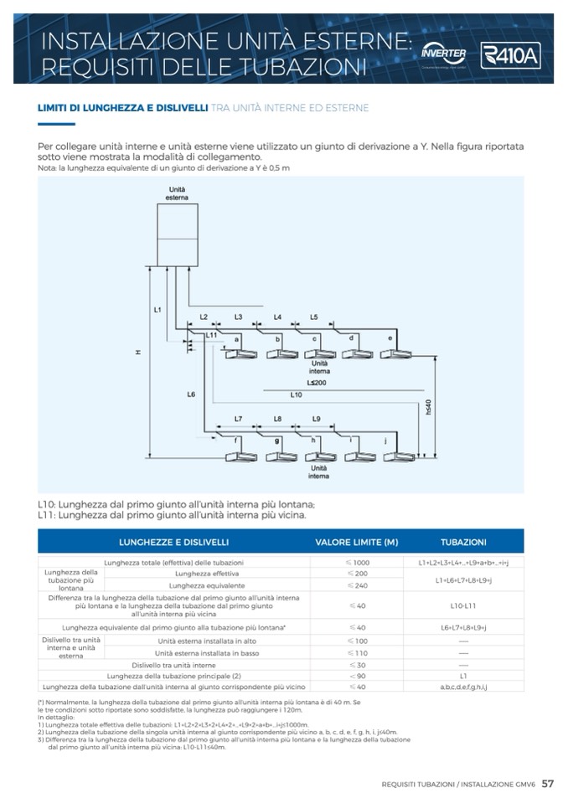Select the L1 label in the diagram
[x=157, y=311]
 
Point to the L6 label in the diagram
[x=191, y=393]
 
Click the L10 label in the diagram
[x=296, y=394]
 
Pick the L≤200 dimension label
[x=317, y=381]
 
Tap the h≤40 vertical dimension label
[x=427, y=408]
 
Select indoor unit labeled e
[x=396, y=353]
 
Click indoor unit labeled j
[x=396, y=457]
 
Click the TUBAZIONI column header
[x=463, y=542]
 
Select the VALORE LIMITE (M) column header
[x=356, y=542]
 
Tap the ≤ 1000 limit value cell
[x=356, y=562]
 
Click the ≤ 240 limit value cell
[x=356, y=585]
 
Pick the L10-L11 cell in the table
[x=463, y=605]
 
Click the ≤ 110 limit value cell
[x=356, y=652]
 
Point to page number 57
[x=547, y=784]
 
